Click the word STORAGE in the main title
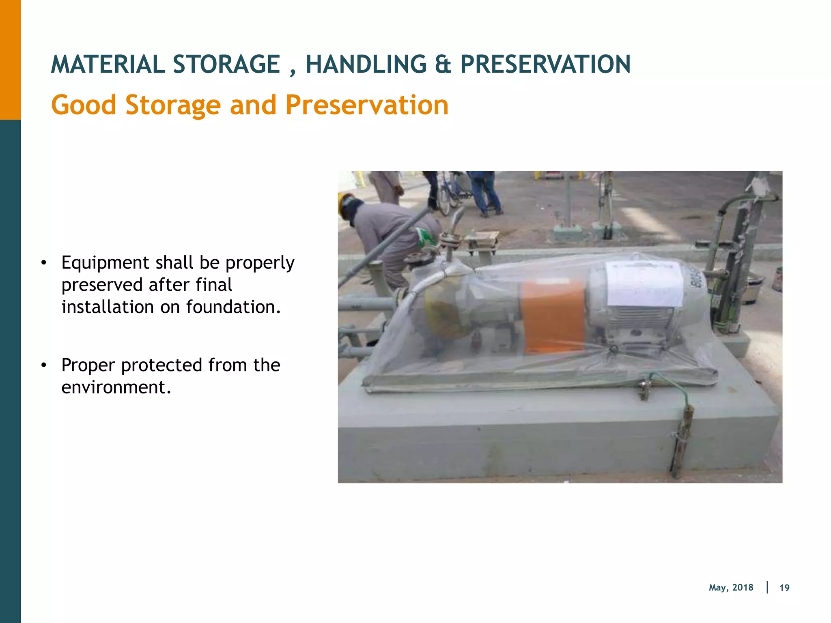pyautogui.click(x=226, y=64)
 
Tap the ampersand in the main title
pyautogui.click(x=443, y=64)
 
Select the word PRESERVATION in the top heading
pyautogui.click(x=545, y=64)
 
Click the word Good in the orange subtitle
pyautogui.click(x=84, y=105)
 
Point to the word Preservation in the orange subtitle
pyautogui.click(x=367, y=105)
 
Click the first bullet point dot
pyautogui.click(x=44, y=263)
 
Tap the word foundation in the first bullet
pyautogui.click(x=233, y=307)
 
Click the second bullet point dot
pyautogui.click(x=44, y=365)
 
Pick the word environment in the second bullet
pyautogui.click(x=116, y=387)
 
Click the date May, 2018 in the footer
pyautogui.click(x=731, y=588)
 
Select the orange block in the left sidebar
pyautogui.click(x=10, y=60)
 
